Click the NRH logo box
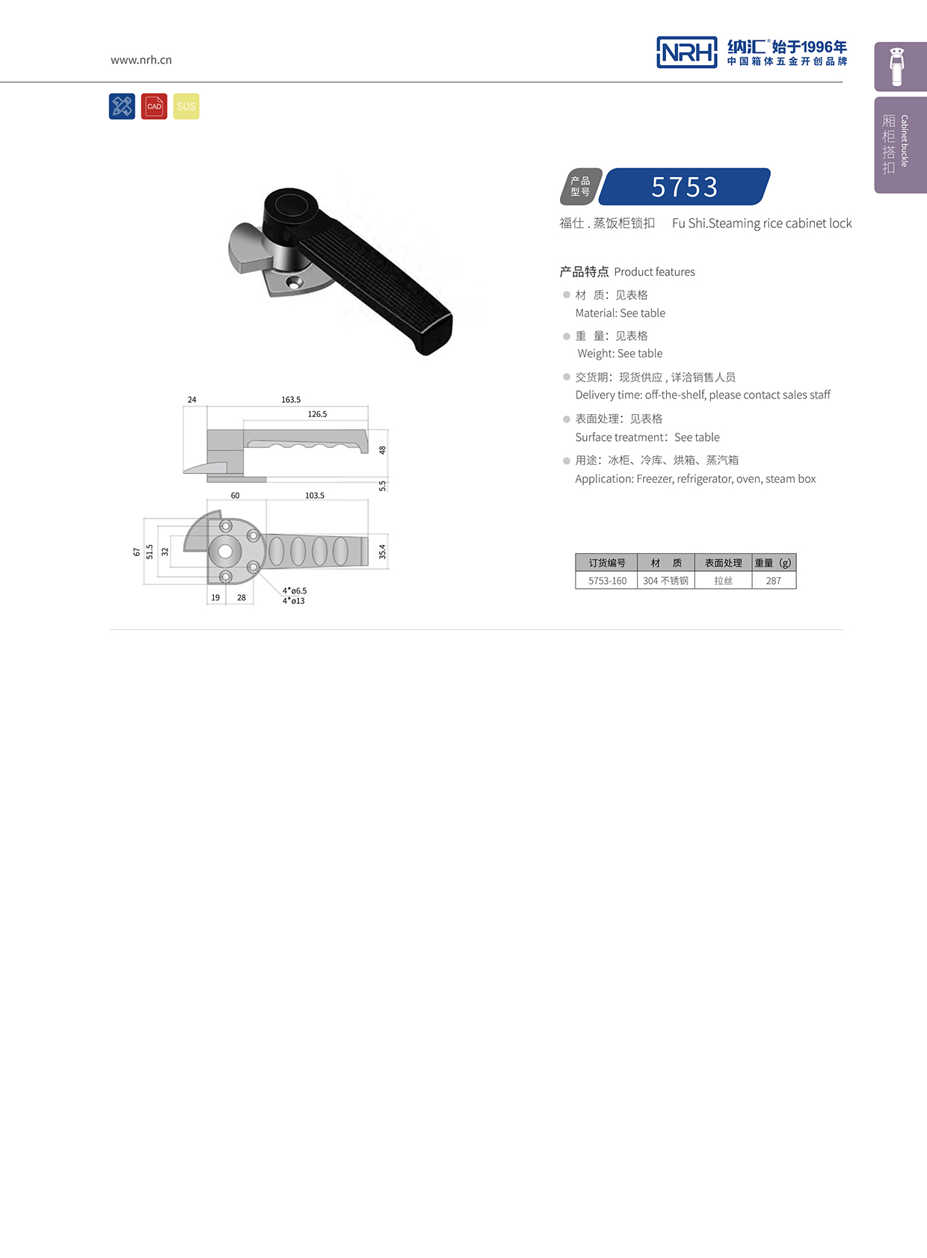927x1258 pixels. pyautogui.click(x=686, y=52)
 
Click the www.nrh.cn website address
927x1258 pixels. pyautogui.click(x=141, y=60)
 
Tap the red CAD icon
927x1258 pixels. pyautogui.click(x=154, y=106)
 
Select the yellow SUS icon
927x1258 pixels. pyautogui.click(x=186, y=106)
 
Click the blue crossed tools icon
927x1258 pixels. pyautogui.click(x=122, y=106)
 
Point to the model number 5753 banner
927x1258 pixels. pyautogui.click(x=684, y=187)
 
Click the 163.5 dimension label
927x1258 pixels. pyautogui.click(x=291, y=400)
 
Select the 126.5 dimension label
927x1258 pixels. pyautogui.click(x=317, y=414)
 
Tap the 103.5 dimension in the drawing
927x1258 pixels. pyautogui.click(x=315, y=496)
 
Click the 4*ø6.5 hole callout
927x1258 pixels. pyautogui.click(x=295, y=591)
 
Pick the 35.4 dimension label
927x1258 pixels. pyautogui.click(x=382, y=552)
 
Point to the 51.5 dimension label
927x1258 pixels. pyautogui.click(x=150, y=552)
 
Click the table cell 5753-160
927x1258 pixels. pyautogui.click(x=607, y=581)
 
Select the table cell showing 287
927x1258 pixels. pyautogui.click(x=774, y=581)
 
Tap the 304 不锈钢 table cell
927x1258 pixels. pyautogui.click(x=665, y=581)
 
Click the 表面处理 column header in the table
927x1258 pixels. pyautogui.click(x=723, y=563)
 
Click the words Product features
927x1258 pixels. pyautogui.click(x=654, y=272)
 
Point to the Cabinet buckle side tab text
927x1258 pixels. pyautogui.click(x=905, y=141)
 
